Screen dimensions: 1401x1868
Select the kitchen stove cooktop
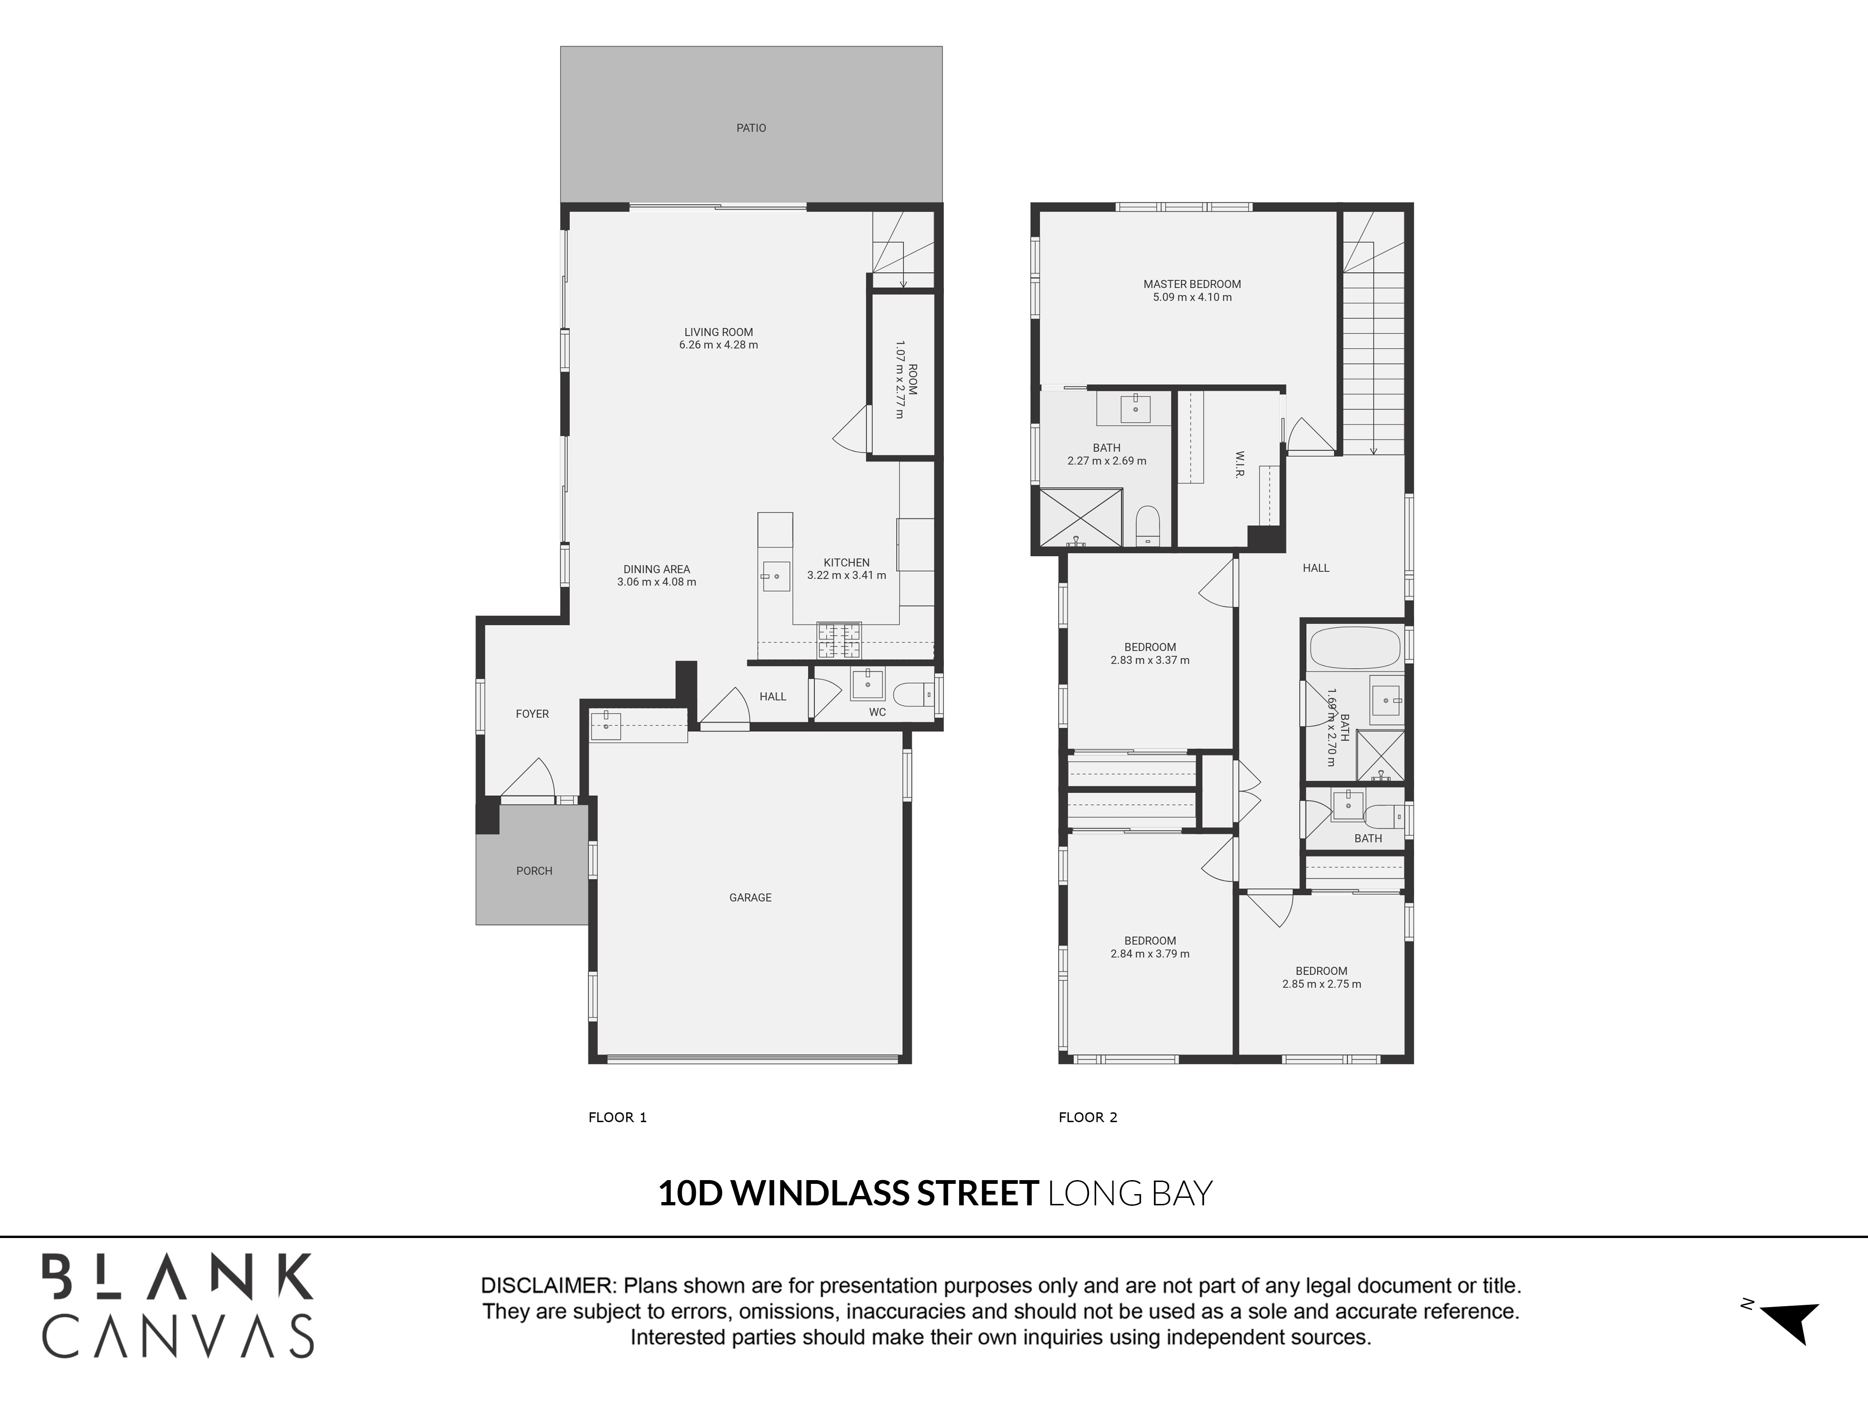pos(839,640)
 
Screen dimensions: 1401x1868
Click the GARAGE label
pos(750,898)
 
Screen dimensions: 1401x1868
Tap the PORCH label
pos(534,870)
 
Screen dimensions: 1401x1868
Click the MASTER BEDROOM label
pos(1192,284)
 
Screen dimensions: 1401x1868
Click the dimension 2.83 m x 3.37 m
pos(1149,660)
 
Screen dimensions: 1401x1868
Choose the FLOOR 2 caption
pos(1088,1117)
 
